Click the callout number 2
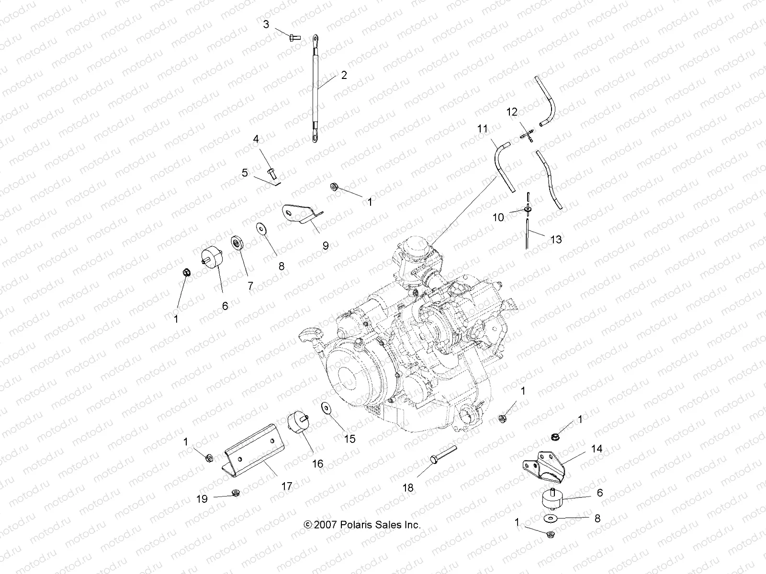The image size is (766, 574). pos(344,75)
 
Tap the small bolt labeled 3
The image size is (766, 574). pos(293,36)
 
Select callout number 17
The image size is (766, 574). pos(286,486)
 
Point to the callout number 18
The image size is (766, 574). pos(408,488)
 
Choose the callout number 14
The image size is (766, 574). pos(597,449)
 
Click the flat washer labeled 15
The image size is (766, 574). pos(327,409)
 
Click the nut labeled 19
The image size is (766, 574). pos(235,492)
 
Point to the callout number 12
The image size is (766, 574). pos(512,112)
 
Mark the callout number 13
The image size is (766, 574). pos(556,239)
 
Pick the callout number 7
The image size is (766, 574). pos(250,286)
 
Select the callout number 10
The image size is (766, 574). pos(498,218)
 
